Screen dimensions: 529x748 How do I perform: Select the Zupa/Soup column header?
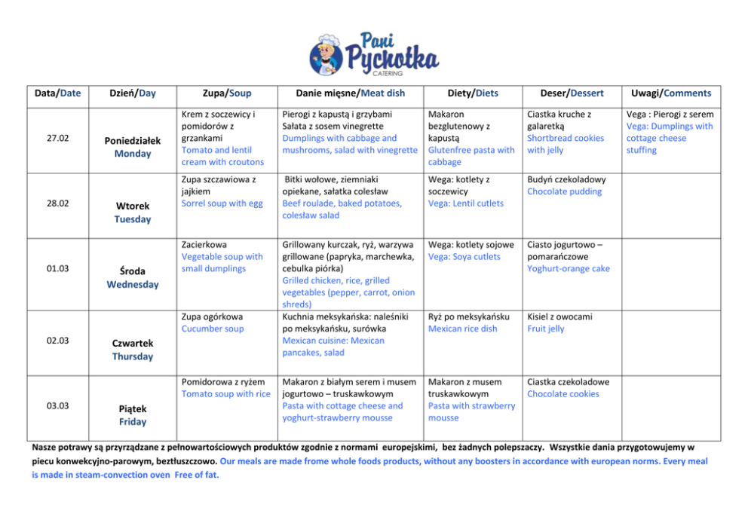(227, 93)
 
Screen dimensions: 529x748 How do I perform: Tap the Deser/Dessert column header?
(572, 93)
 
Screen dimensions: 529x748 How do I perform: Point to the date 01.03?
(58, 269)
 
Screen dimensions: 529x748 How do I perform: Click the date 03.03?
(58, 405)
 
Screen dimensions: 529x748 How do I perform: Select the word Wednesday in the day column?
(133, 284)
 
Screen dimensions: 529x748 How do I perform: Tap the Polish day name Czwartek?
(133, 343)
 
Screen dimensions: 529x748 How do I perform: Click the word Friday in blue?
(133, 421)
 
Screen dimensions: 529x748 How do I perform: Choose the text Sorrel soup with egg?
(222, 203)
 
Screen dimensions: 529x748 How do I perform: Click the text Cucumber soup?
(213, 329)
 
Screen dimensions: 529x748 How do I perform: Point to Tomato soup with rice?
(225, 393)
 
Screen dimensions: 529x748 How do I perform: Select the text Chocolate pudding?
(565, 191)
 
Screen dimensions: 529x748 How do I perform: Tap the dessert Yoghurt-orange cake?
(569, 268)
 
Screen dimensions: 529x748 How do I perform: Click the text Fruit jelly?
(546, 329)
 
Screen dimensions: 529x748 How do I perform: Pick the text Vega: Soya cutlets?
(464, 256)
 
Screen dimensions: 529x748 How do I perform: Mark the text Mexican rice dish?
(463, 329)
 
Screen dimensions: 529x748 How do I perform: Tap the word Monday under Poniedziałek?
(133, 154)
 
